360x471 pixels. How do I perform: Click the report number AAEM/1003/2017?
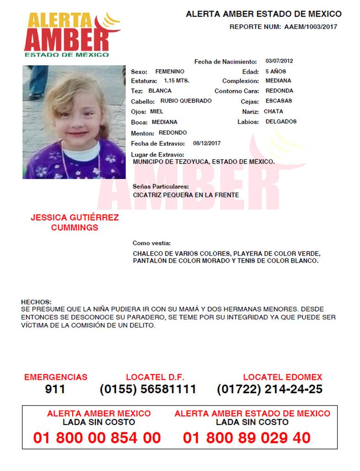(x=310, y=27)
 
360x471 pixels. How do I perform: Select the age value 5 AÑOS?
(x=276, y=71)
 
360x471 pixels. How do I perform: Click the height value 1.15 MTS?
(x=177, y=81)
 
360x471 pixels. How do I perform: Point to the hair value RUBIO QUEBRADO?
(x=186, y=101)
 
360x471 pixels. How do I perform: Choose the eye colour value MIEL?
(x=156, y=111)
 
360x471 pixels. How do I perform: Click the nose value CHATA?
(x=273, y=111)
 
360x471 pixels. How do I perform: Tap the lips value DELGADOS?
(x=281, y=122)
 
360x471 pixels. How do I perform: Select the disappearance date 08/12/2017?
(x=207, y=143)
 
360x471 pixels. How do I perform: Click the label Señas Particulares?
(x=161, y=187)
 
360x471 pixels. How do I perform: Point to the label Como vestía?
(x=151, y=243)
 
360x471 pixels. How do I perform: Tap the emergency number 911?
(x=55, y=389)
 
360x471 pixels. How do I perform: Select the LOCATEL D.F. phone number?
(x=148, y=389)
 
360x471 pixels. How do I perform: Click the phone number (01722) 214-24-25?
(x=269, y=389)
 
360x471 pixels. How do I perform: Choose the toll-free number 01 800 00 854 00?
(x=97, y=438)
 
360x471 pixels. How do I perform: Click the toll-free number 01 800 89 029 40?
(x=247, y=438)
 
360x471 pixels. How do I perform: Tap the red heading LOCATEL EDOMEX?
(x=282, y=378)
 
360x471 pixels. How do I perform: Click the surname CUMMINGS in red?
(x=74, y=228)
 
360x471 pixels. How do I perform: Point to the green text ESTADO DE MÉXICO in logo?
(x=66, y=55)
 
